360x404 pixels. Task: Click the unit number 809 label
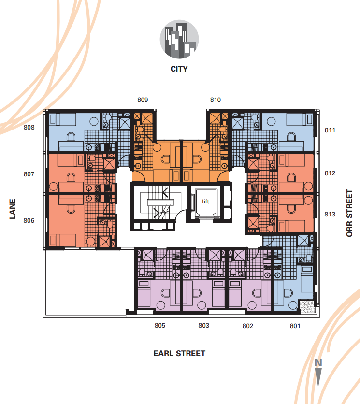click(143, 100)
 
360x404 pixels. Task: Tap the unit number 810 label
click(216, 100)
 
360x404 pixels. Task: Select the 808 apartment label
click(29, 127)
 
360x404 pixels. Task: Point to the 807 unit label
click(29, 174)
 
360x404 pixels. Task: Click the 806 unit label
click(29, 220)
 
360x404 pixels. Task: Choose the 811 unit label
click(330, 130)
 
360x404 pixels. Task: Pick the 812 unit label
click(330, 173)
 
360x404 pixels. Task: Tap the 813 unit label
click(330, 214)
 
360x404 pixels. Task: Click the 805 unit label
click(160, 325)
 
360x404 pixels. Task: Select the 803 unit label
click(203, 325)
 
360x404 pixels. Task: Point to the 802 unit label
click(247, 326)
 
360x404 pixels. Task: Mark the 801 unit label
click(295, 326)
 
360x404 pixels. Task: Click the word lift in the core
click(205, 202)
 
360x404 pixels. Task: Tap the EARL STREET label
click(179, 353)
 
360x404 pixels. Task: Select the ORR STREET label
click(349, 213)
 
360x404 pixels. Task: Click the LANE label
click(13, 209)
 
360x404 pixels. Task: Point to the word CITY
click(179, 69)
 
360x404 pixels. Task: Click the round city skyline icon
click(179, 39)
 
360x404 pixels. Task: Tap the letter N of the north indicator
click(318, 363)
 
